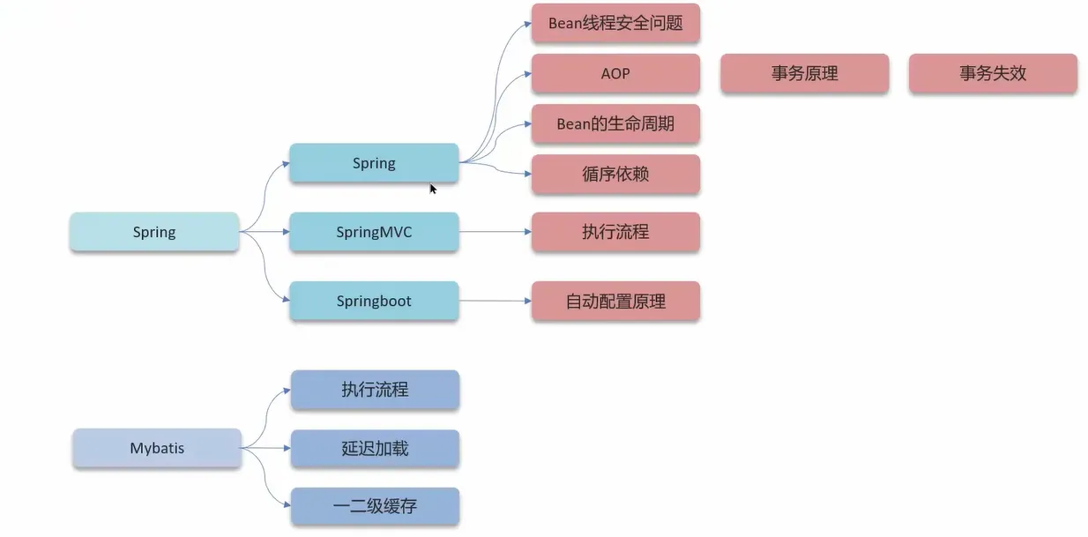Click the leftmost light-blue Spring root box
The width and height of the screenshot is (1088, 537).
154,232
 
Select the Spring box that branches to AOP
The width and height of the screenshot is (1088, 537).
374,163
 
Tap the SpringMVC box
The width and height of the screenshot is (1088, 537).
374,232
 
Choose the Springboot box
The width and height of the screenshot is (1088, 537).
374,301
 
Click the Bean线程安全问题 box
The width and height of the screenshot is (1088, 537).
615,24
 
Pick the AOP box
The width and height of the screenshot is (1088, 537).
615,73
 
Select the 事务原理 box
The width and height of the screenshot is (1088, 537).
804,73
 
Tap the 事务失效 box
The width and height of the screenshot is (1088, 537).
993,73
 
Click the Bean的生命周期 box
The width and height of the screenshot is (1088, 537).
615,124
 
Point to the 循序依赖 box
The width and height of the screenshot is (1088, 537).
615,174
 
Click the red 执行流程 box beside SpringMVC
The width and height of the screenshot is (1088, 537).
615,232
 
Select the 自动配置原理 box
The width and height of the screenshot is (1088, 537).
615,301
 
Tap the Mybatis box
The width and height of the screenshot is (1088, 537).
157,448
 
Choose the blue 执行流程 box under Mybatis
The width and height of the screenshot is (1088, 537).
375,389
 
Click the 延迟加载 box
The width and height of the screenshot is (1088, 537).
375,448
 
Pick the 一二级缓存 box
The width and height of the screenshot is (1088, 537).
375,506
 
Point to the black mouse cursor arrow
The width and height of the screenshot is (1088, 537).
433,188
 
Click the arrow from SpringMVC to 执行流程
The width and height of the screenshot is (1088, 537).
495,232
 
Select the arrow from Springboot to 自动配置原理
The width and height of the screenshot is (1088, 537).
495,301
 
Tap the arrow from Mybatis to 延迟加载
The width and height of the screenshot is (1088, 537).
265,448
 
